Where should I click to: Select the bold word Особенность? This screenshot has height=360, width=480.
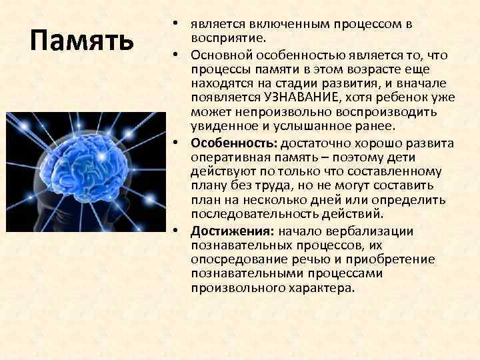[234, 143]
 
